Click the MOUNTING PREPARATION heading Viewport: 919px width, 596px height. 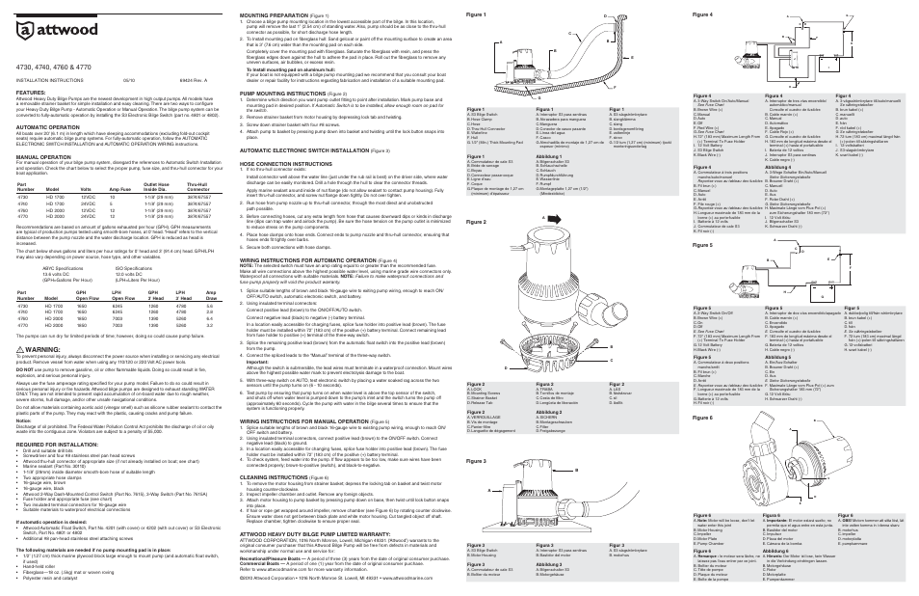pos(278,15)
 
